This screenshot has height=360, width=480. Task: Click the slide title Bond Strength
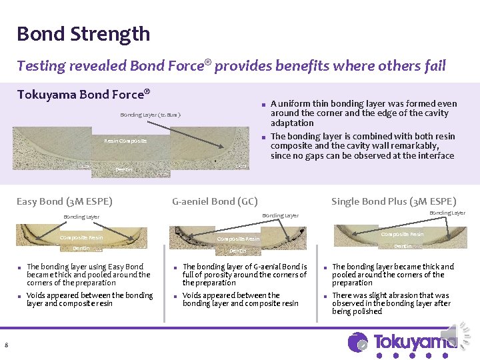point(83,34)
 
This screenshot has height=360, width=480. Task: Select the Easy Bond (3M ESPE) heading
point(64,201)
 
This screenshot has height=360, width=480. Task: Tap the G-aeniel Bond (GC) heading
point(215,201)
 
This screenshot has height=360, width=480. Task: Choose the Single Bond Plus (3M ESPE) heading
point(393,201)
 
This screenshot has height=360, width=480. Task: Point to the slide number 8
point(5,345)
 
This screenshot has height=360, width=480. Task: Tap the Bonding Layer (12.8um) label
point(150,115)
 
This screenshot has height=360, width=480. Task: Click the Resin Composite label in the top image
point(125,141)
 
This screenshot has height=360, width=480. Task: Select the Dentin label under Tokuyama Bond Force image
point(124,170)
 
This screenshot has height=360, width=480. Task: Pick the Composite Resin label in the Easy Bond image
point(81,237)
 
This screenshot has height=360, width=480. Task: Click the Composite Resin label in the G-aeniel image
point(238,239)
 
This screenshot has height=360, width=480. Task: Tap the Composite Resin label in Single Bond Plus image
point(402,234)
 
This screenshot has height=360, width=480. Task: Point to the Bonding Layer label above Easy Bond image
point(81,217)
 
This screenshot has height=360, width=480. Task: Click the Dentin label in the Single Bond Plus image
point(403,247)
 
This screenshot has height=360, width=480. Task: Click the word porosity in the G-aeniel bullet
point(227,275)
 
